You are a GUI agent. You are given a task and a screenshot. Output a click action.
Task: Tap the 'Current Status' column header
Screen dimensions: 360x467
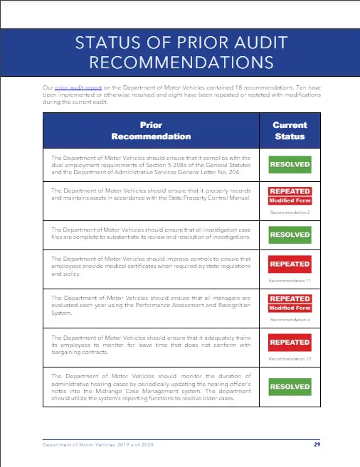(x=289, y=131)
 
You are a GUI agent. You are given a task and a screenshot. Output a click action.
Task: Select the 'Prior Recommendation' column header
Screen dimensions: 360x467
(x=151, y=131)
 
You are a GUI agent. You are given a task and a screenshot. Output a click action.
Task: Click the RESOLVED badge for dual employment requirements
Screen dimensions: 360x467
(x=290, y=164)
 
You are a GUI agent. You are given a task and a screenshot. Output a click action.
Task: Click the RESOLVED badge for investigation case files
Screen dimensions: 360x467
(x=290, y=234)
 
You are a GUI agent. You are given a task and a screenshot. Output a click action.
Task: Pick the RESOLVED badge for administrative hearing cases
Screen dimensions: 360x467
(x=290, y=387)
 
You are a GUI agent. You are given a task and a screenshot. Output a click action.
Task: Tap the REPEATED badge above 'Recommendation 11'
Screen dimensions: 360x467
(x=290, y=264)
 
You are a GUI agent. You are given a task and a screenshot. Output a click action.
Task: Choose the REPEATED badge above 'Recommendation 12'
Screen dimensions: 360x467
(x=290, y=343)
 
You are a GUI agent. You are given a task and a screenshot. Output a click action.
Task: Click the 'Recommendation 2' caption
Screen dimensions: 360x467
(x=290, y=212)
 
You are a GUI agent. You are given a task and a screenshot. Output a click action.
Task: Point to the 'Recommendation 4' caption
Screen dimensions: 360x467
(x=290, y=320)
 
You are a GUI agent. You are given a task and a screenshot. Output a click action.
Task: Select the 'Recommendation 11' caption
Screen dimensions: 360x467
(x=290, y=281)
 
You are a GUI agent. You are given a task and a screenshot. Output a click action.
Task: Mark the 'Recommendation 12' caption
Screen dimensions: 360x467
(x=290, y=360)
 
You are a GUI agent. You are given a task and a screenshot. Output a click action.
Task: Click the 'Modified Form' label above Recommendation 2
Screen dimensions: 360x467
(x=290, y=200)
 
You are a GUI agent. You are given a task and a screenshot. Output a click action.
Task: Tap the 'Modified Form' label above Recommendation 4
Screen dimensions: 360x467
(x=290, y=308)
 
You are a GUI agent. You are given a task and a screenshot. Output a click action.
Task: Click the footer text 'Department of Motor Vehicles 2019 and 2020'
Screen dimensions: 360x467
(x=97, y=444)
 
